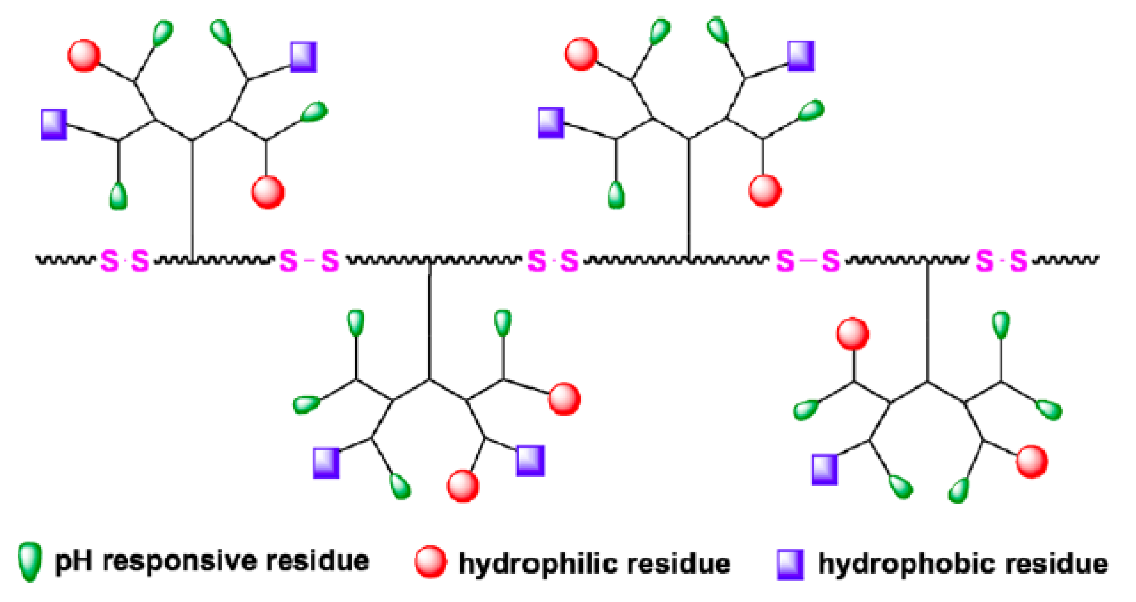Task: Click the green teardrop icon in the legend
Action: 30,561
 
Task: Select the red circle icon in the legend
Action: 430,561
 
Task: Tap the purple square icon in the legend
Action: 790,564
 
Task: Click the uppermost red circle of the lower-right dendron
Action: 853,334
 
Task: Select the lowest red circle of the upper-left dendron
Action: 268,192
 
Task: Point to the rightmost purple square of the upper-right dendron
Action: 801,56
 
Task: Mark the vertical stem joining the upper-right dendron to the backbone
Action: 689,198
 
